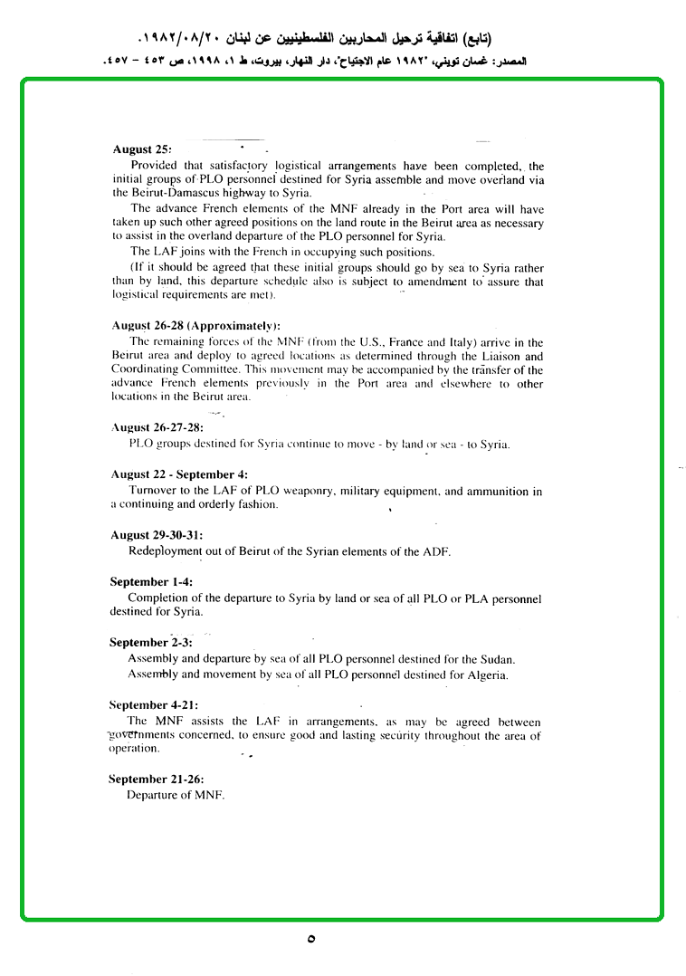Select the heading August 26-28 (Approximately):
tap(195, 326)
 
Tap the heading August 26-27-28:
tap(157, 427)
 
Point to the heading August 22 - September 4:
tap(179, 474)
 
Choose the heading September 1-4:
tap(150, 582)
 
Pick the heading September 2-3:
tap(150, 643)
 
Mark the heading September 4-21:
tap(153, 704)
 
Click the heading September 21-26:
tap(156, 779)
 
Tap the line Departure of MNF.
tap(175, 795)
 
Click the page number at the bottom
tap(311, 939)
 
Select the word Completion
tap(160, 598)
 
